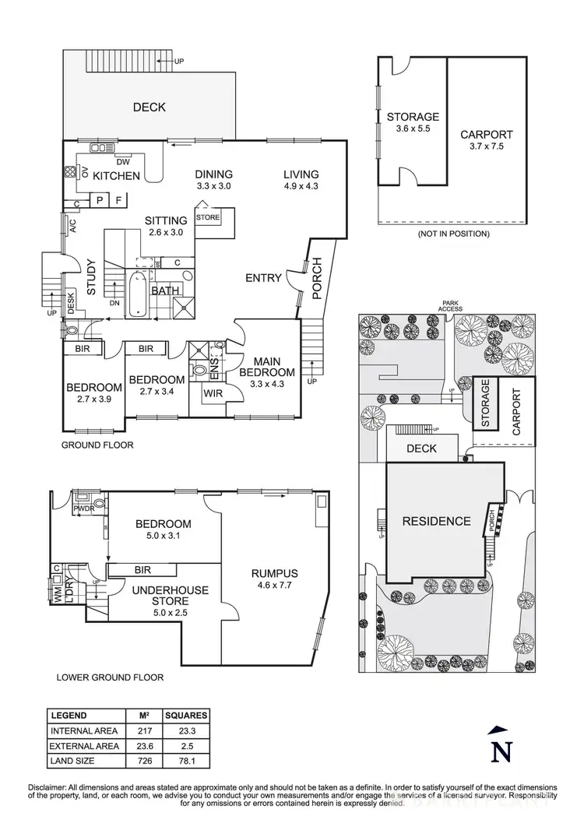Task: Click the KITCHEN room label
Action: (x=116, y=176)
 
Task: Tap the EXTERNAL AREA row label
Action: (x=84, y=746)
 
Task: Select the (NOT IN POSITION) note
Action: (x=453, y=234)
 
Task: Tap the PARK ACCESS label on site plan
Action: (x=450, y=306)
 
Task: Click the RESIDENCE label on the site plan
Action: (x=436, y=521)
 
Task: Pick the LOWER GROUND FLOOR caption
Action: (x=110, y=677)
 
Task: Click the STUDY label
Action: (x=90, y=277)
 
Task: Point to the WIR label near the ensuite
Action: (x=213, y=394)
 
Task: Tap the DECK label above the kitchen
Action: (x=149, y=107)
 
